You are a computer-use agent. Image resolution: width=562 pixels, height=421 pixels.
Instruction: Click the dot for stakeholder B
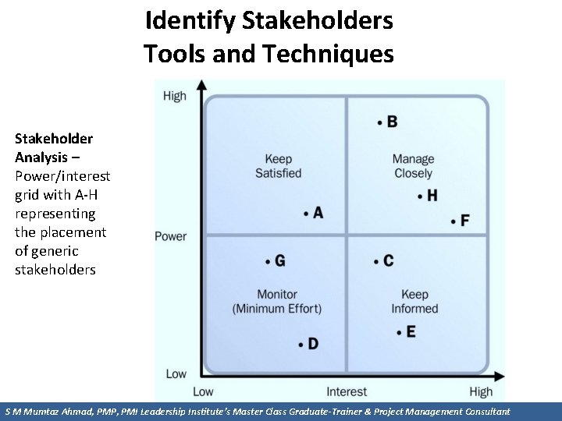[x=379, y=122]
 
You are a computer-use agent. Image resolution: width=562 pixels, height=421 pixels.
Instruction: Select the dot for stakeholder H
[x=420, y=196]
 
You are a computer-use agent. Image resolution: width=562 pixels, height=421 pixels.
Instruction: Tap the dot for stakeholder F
[x=454, y=221]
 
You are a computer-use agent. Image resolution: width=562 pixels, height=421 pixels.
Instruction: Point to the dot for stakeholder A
[x=306, y=213]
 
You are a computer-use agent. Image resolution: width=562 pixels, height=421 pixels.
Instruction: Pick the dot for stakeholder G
[x=268, y=260]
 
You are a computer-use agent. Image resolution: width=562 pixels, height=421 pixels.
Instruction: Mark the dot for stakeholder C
[x=376, y=260]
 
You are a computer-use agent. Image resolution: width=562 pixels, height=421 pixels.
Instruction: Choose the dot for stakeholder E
[x=399, y=332]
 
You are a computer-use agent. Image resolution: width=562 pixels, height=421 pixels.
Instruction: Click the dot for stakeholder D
[x=301, y=344]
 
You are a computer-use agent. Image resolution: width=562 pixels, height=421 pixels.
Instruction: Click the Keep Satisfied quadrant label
[x=278, y=166]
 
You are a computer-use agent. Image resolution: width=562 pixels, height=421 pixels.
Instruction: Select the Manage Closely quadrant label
[x=413, y=166]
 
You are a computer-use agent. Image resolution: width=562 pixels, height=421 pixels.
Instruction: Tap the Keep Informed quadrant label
[x=414, y=302]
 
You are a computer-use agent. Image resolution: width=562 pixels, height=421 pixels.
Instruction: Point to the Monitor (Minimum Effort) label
[x=276, y=302]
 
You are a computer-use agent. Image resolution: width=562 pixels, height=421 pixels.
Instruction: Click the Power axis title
[x=170, y=236]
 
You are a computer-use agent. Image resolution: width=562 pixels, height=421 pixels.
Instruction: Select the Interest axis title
[x=347, y=391]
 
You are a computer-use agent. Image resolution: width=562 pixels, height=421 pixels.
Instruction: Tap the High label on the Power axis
[x=175, y=96]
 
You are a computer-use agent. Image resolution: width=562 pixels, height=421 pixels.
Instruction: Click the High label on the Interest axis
[x=481, y=391]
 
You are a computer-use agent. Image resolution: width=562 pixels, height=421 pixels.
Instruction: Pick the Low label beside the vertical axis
[x=176, y=374]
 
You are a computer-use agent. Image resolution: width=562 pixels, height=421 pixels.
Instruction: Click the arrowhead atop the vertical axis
[x=202, y=84]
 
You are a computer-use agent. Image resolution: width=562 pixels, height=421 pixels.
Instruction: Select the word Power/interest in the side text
[x=62, y=176]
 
